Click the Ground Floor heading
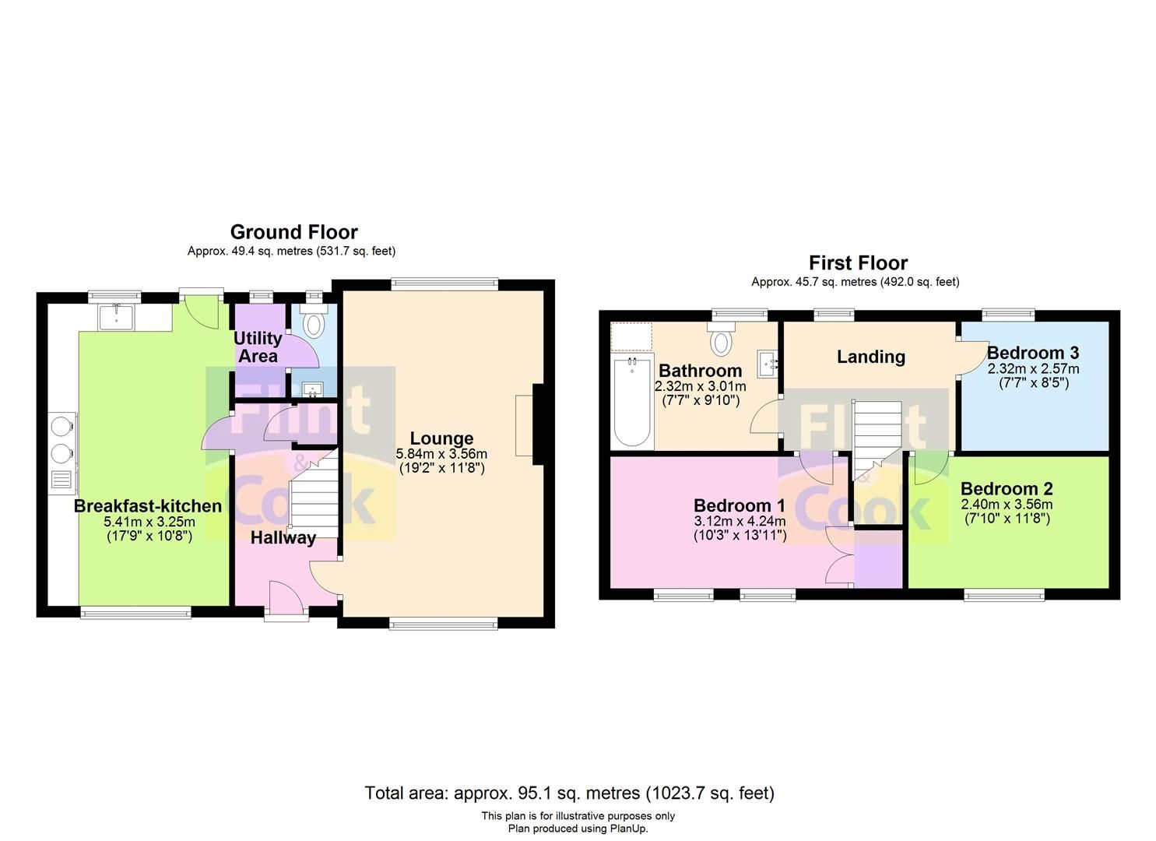click(293, 232)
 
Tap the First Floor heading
click(858, 263)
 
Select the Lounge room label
click(441, 438)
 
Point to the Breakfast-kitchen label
click(148, 506)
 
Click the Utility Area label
click(258, 347)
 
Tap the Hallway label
click(283, 538)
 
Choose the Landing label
click(870, 357)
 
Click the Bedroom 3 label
click(1033, 353)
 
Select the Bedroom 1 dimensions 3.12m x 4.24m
click(740, 522)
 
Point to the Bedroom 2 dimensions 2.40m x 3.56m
click(1007, 505)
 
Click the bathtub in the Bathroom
click(632, 401)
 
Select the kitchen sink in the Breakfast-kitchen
click(117, 316)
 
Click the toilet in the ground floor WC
click(313, 320)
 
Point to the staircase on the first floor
click(877, 441)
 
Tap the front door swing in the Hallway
click(286, 597)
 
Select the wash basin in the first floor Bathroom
click(768, 364)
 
